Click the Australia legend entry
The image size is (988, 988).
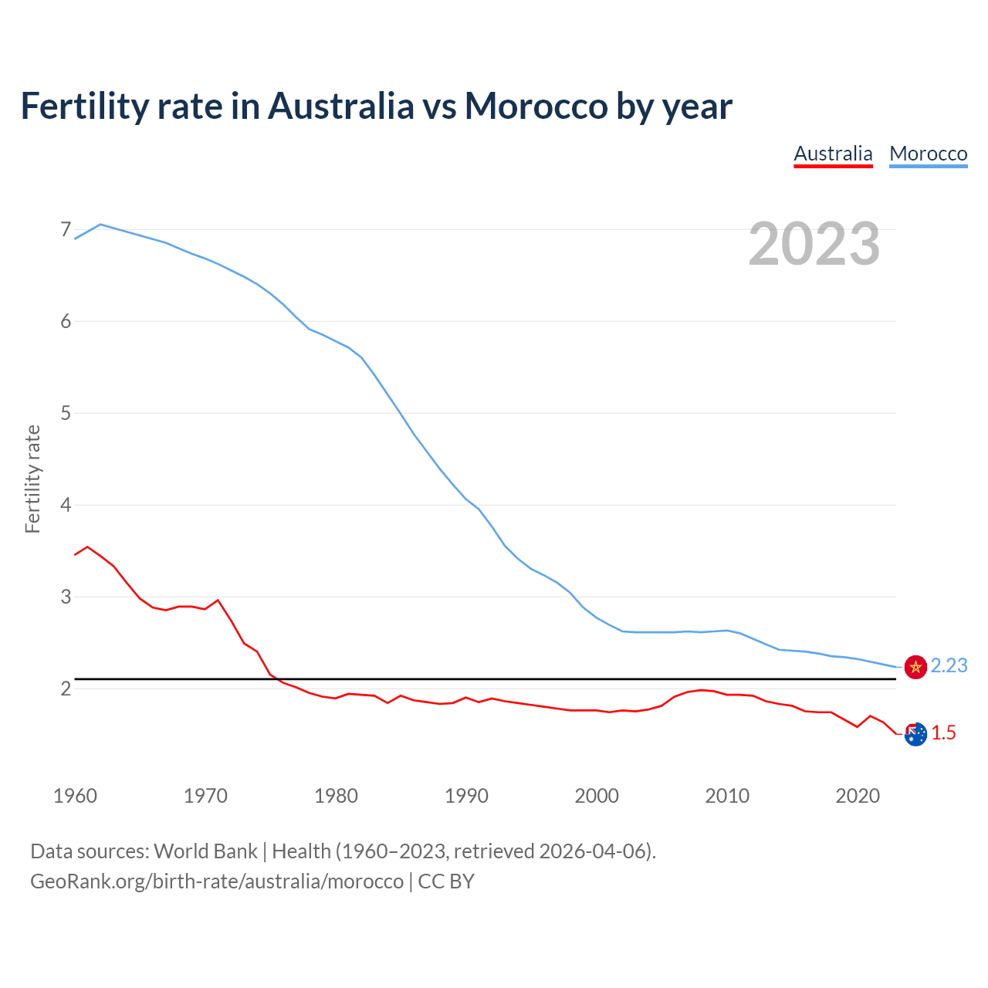(x=833, y=154)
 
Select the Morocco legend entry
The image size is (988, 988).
(x=928, y=154)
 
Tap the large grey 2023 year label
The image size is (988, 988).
(x=814, y=244)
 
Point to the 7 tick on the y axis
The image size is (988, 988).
(x=66, y=230)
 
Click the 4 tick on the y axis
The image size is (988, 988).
(x=66, y=505)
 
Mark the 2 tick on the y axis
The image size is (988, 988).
(x=66, y=689)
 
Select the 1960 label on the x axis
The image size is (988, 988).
(x=75, y=796)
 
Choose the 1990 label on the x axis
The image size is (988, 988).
(x=466, y=796)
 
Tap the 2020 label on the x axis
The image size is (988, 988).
(x=858, y=796)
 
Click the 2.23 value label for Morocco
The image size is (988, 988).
(x=949, y=666)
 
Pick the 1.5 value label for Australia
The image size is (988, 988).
(x=943, y=733)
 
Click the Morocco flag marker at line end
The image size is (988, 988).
(x=915, y=667)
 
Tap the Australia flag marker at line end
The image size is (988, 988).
(x=915, y=735)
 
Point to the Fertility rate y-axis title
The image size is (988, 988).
(x=32, y=479)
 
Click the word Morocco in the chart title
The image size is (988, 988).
(x=536, y=106)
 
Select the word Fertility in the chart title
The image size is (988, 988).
(x=83, y=106)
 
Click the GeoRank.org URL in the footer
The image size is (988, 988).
(x=217, y=881)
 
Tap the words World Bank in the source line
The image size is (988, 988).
(x=205, y=851)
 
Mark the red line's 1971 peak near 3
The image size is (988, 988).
(x=218, y=600)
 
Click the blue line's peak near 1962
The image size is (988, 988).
(x=100, y=224)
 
